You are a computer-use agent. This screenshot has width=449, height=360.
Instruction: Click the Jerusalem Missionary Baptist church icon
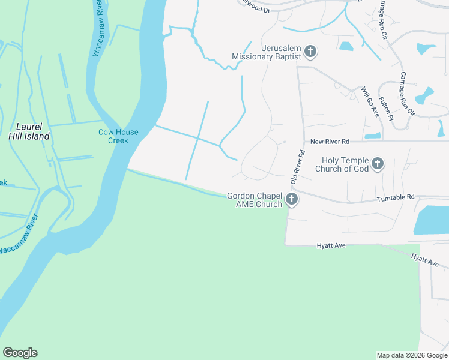click(310, 52)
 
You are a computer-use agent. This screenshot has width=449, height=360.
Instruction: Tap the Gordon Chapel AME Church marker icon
click(292, 200)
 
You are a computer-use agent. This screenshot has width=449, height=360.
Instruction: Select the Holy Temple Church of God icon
click(378, 164)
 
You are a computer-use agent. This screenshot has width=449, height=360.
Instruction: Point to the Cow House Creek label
click(118, 136)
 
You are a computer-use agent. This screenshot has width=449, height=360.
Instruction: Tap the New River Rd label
click(330, 142)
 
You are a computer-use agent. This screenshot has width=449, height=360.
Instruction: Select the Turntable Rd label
click(396, 197)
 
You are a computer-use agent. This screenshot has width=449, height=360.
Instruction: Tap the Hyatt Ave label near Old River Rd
click(332, 245)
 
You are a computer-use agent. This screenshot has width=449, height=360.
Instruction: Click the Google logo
click(20, 353)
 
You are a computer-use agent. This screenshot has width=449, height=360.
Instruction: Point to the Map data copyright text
click(412, 355)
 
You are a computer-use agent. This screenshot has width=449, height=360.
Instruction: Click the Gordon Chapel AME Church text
click(255, 200)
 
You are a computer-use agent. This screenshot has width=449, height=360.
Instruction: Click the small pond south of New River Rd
click(372, 136)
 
